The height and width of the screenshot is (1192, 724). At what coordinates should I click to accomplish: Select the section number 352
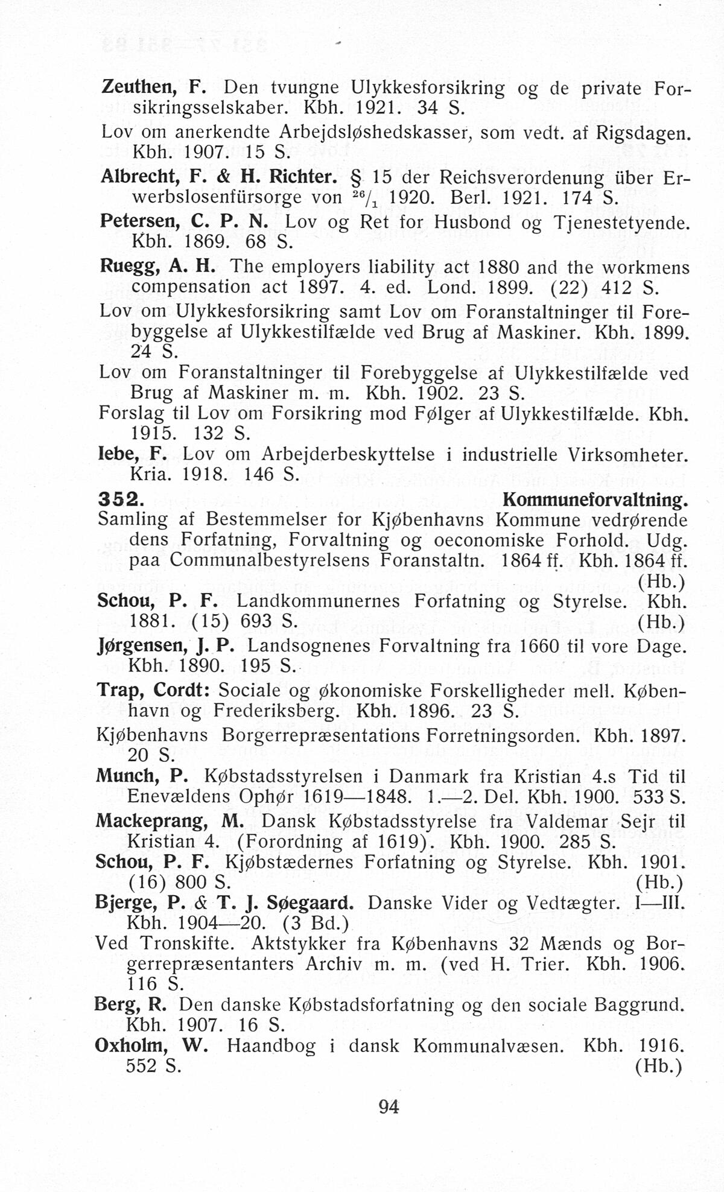pyautogui.click(x=120, y=499)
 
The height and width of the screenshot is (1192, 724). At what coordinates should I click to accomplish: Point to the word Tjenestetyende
pyautogui.click(x=623, y=223)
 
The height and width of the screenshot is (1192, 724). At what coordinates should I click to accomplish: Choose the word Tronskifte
pyautogui.click(x=186, y=943)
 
